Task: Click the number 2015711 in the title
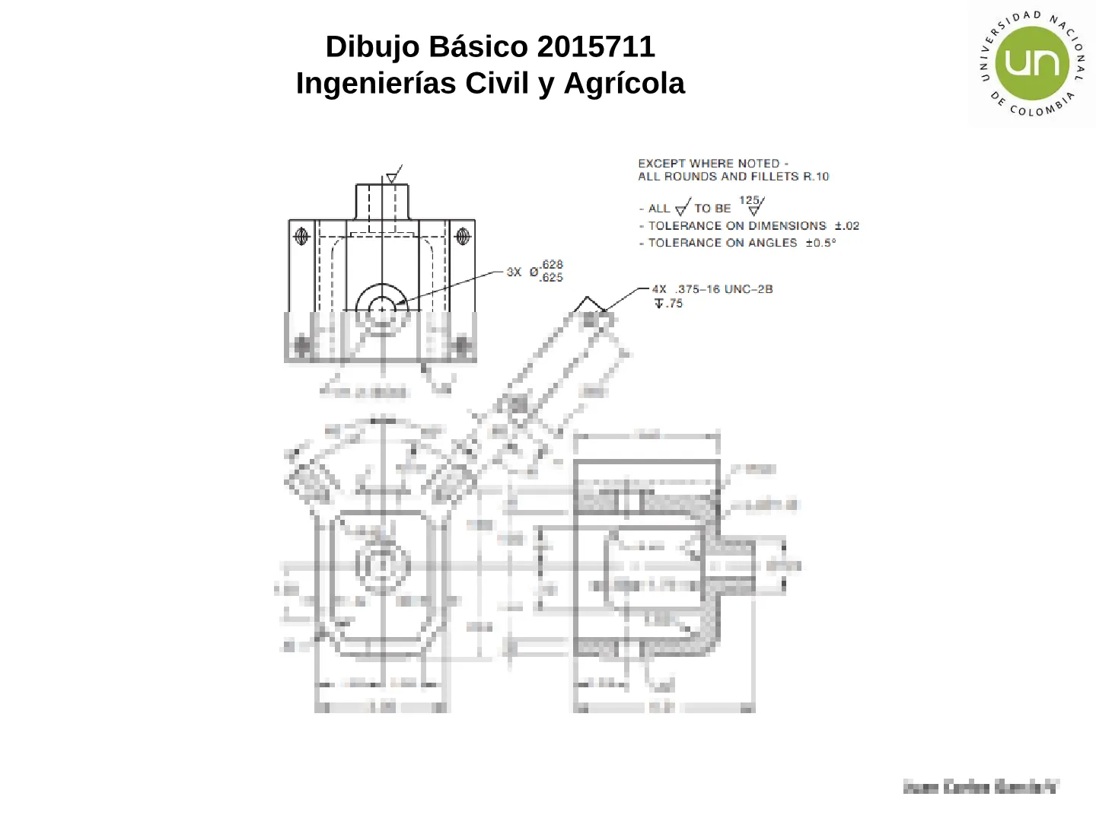tap(596, 47)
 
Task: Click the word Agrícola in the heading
tap(624, 84)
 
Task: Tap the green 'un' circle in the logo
tap(1032, 63)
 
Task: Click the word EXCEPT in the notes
tap(661, 164)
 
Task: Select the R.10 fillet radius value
tap(816, 177)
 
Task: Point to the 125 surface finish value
tap(749, 200)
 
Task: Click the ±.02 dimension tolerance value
tap(846, 226)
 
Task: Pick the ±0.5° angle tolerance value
tap(820, 243)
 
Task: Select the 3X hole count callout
tap(514, 272)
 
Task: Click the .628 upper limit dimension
tap(552, 265)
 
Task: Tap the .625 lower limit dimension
tap(552, 278)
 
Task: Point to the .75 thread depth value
tap(674, 304)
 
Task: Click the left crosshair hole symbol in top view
tap(301, 236)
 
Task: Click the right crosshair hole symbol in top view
tap(462, 236)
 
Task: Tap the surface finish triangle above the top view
tap(392, 177)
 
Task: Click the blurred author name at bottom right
tap(980, 787)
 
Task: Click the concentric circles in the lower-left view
tap(382, 565)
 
